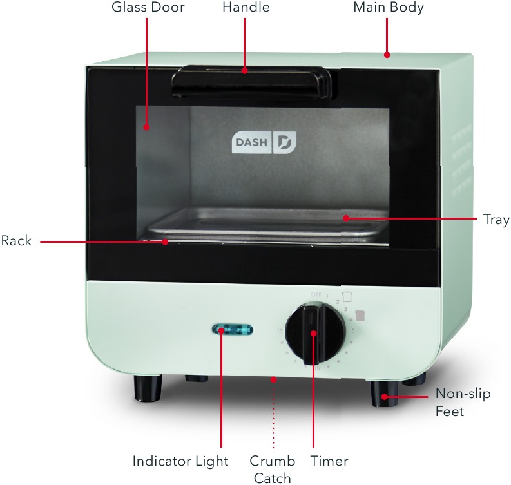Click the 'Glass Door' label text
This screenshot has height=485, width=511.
pos(148,8)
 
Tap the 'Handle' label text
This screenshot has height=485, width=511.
pos(246,8)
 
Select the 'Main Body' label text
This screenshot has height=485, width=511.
pos(389,8)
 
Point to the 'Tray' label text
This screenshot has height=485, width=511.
pos(496,220)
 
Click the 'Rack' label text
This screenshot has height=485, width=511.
pos(16,242)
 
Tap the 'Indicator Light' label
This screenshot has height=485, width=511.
pos(180,461)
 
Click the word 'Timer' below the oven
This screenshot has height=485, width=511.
pos(329,461)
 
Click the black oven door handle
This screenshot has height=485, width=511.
pos(251,81)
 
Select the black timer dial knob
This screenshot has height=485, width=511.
pos(314,333)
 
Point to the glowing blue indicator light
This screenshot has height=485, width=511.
pos(232,331)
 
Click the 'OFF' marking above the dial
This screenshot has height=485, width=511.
pos(316,294)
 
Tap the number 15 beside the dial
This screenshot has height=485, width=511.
pos(280,331)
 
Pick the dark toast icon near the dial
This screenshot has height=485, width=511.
pos(360,316)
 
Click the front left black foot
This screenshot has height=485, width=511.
pos(148,388)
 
